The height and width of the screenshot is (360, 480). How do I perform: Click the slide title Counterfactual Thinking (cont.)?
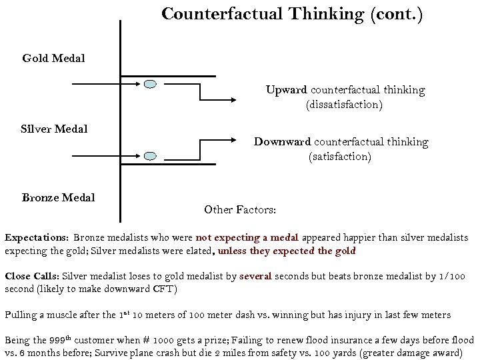point(292,14)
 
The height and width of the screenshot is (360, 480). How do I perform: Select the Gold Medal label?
point(53,59)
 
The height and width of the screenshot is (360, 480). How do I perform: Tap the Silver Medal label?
point(54,129)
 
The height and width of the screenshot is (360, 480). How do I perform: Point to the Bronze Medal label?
point(58,197)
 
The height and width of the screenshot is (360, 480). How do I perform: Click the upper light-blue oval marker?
point(151,84)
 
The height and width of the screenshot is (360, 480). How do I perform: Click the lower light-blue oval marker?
point(151,156)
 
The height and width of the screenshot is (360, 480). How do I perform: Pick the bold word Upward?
point(286,89)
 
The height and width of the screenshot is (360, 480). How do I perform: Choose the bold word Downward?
point(282,141)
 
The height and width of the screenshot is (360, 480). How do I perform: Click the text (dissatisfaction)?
point(344,105)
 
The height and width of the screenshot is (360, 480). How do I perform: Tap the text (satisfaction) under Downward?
point(339,157)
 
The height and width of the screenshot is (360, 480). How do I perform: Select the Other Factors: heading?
point(240,209)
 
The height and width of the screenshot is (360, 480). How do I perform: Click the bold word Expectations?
point(37,237)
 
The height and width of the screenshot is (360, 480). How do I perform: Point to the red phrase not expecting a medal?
point(247,237)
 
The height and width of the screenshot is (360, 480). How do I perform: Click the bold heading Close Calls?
point(32,276)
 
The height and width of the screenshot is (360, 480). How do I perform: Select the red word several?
point(255,276)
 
